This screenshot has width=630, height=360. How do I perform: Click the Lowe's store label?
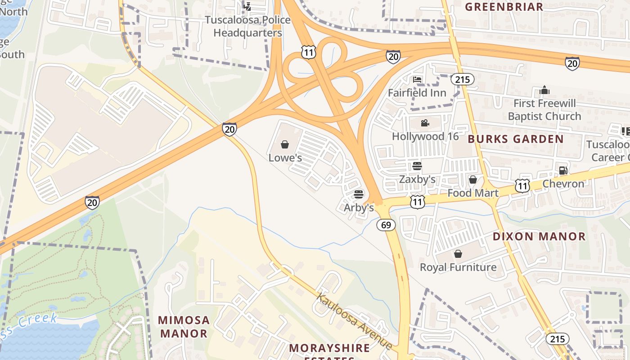click(x=285, y=158)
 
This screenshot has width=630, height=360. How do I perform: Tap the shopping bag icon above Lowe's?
click(x=285, y=144)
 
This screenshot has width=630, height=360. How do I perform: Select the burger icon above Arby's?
click(x=359, y=194)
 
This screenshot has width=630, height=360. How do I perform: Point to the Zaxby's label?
click(x=417, y=179)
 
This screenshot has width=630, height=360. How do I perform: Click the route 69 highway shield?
click(x=386, y=225)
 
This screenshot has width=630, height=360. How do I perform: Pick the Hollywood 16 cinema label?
click(x=425, y=136)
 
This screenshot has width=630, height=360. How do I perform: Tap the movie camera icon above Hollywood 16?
click(x=425, y=123)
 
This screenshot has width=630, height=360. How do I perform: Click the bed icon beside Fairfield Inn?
click(x=417, y=80)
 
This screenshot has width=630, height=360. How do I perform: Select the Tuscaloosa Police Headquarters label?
click(x=247, y=27)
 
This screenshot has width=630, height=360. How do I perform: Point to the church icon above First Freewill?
click(x=544, y=90)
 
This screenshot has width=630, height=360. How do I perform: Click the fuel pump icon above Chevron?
click(x=563, y=171)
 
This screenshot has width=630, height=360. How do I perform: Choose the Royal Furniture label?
click(x=458, y=267)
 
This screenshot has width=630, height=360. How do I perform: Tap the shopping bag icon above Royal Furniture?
click(x=458, y=254)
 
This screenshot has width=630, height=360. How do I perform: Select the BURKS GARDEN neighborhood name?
click(x=515, y=139)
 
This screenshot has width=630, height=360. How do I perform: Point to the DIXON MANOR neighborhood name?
click(x=539, y=236)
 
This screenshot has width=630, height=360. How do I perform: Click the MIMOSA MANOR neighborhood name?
click(x=184, y=327)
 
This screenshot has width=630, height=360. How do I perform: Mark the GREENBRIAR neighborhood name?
click(x=504, y=7)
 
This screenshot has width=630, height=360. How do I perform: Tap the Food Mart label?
click(x=472, y=193)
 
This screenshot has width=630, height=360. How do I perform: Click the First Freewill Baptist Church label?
click(x=544, y=110)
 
